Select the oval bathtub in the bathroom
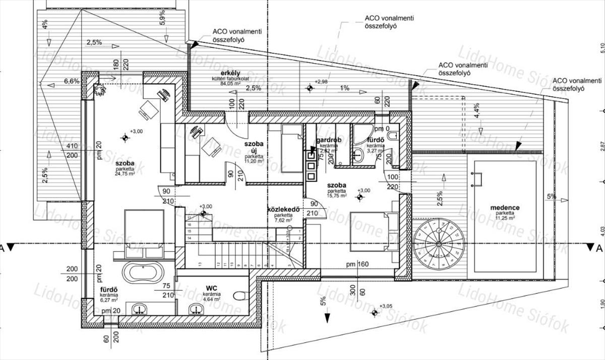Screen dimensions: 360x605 (x=144, y=272)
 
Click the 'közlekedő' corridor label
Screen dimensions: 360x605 (x=283, y=209)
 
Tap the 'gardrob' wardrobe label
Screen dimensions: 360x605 (x=329, y=140)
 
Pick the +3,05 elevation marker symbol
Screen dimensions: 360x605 (x=375, y=313)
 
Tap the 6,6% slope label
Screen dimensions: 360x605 (x=72, y=81)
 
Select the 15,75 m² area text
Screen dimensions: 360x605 (x=336, y=197)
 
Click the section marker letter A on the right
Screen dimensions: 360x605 (x=599, y=248)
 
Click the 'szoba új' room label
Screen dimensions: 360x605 (x=254, y=147)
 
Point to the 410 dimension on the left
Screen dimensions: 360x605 (x=72, y=147)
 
